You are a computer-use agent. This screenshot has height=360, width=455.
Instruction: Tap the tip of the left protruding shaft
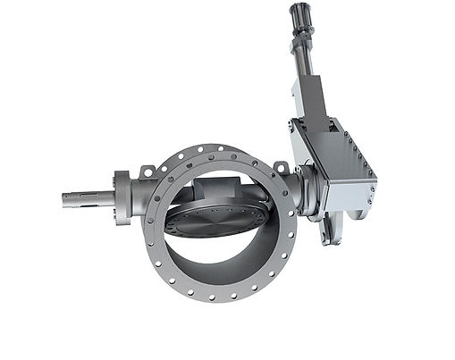65,199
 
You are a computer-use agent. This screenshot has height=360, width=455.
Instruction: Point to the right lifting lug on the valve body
281,168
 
